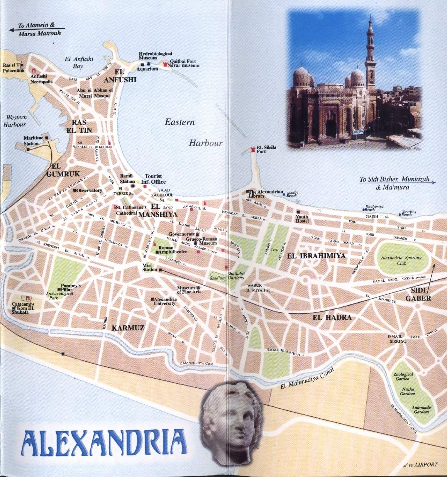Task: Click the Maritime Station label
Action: (31, 140)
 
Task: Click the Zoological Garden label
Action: (403, 376)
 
